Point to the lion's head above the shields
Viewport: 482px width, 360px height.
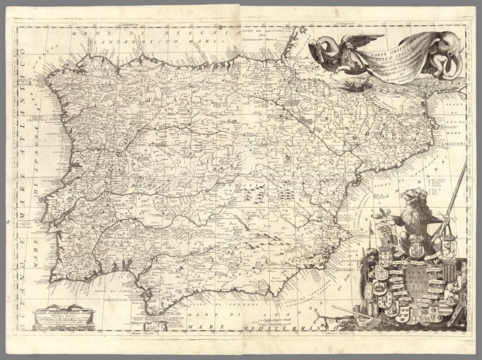pos(416,199)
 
